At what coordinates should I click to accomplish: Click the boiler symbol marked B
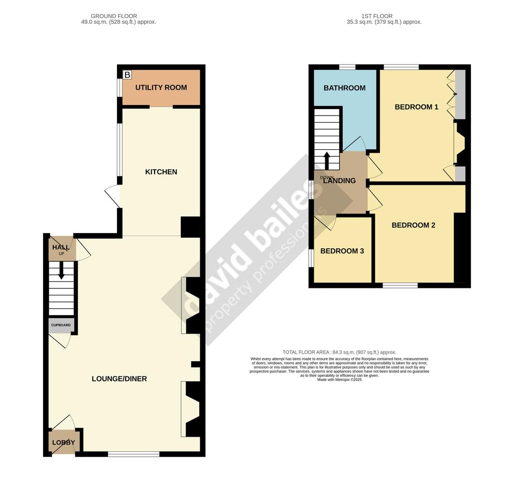click(x=127, y=75)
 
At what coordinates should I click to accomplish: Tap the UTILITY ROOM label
click(x=161, y=87)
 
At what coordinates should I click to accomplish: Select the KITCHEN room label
click(x=161, y=172)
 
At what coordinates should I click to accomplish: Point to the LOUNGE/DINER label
click(x=119, y=378)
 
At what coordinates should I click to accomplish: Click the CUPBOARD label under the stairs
click(x=63, y=325)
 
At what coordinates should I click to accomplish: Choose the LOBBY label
click(x=63, y=443)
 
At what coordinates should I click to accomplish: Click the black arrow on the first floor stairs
click(x=327, y=161)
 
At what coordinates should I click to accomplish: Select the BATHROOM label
click(x=344, y=88)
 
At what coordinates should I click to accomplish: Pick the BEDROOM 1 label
click(x=417, y=107)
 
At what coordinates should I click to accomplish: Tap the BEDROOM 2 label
click(x=414, y=225)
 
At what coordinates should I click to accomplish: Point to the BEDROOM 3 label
click(x=342, y=251)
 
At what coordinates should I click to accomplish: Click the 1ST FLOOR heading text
click(x=376, y=17)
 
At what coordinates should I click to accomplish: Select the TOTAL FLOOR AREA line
click(x=339, y=352)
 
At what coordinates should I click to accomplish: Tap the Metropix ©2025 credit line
click(x=339, y=380)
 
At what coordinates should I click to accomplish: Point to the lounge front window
click(x=134, y=454)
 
